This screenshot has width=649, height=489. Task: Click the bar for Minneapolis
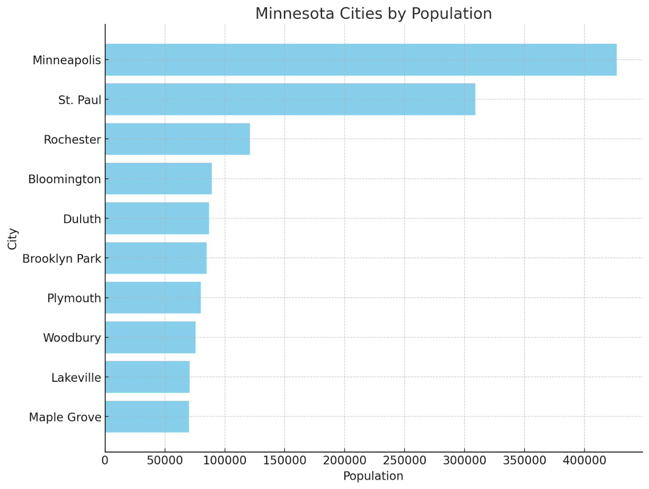[360, 60]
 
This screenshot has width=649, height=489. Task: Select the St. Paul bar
[290, 99]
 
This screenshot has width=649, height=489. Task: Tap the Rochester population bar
[177, 139]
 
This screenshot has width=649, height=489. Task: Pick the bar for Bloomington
[158, 179]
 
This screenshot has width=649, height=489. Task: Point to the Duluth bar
[157, 218]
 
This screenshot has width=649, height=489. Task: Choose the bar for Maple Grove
[147, 416]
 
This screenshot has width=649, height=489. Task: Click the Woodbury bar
[150, 337]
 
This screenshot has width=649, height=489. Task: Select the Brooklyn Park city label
[62, 259]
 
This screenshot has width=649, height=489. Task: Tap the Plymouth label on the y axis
[74, 298]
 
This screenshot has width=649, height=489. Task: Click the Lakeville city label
[76, 378]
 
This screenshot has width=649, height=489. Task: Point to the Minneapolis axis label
[67, 60]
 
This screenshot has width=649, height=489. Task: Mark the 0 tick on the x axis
[105, 460]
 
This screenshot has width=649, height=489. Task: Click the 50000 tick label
[165, 460]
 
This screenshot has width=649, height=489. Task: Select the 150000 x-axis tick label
[284, 460]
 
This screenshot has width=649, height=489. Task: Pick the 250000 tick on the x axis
[404, 460]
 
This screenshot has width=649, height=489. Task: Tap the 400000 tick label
[584, 460]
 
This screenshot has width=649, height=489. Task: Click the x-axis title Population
[373, 476]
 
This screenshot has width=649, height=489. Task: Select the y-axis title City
[13, 239]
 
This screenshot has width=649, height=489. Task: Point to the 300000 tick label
[464, 460]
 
